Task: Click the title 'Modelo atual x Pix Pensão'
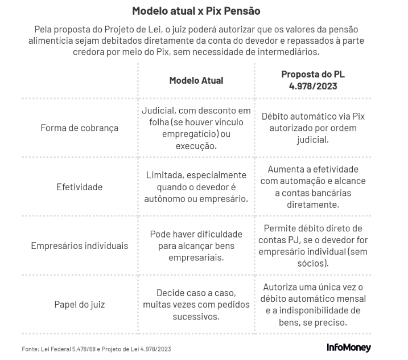point(196,11)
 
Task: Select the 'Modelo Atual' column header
point(196,80)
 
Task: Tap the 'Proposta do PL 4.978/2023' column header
point(313,80)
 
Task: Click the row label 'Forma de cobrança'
point(79,128)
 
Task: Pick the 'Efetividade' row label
point(79,187)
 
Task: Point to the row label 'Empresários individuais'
point(79,246)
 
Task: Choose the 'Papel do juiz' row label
point(79,305)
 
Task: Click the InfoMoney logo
point(349,347)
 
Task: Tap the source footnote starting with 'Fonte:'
point(96,349)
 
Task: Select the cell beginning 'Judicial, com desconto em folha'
point(196,128)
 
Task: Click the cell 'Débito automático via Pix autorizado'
point(313,128)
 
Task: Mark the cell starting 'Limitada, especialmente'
point(196,187)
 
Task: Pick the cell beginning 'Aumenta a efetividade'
point(313,187)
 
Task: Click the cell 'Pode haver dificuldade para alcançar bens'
point(196,246)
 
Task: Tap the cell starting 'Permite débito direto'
point(313,246)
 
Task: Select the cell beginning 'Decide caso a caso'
point(196,305)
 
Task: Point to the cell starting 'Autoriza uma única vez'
point(313,305)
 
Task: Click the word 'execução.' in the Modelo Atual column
point(196,146)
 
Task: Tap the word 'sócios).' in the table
point(313,263)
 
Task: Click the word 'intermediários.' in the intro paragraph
point(289,52)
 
